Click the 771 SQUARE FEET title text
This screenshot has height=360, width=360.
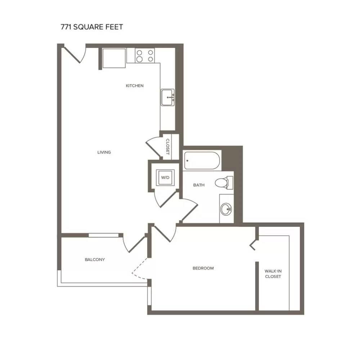tap(92, 27)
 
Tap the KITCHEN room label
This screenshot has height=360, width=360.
tap(135, 86)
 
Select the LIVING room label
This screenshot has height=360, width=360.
tap(104, 152)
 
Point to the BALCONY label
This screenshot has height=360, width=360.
tap(95, 260)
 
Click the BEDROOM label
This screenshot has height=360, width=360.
tap(203, 268)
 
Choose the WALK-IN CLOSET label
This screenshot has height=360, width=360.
tap(273, 274)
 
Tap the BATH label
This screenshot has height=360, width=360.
tap(199, 185)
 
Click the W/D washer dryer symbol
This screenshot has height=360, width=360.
tap(165, 177)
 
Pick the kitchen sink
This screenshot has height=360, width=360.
tap(168, 97)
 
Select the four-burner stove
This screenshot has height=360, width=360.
tap(145, 56)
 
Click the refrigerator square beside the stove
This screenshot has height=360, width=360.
tap(114, 58)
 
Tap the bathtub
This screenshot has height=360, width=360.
tap(202, 161)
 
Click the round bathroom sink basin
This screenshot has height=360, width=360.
tap(226, 209)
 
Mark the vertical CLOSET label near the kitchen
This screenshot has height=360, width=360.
tap(168, 147)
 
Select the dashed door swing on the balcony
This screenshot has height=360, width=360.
tap(139, 269)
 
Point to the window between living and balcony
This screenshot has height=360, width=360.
tap(104, 235)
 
